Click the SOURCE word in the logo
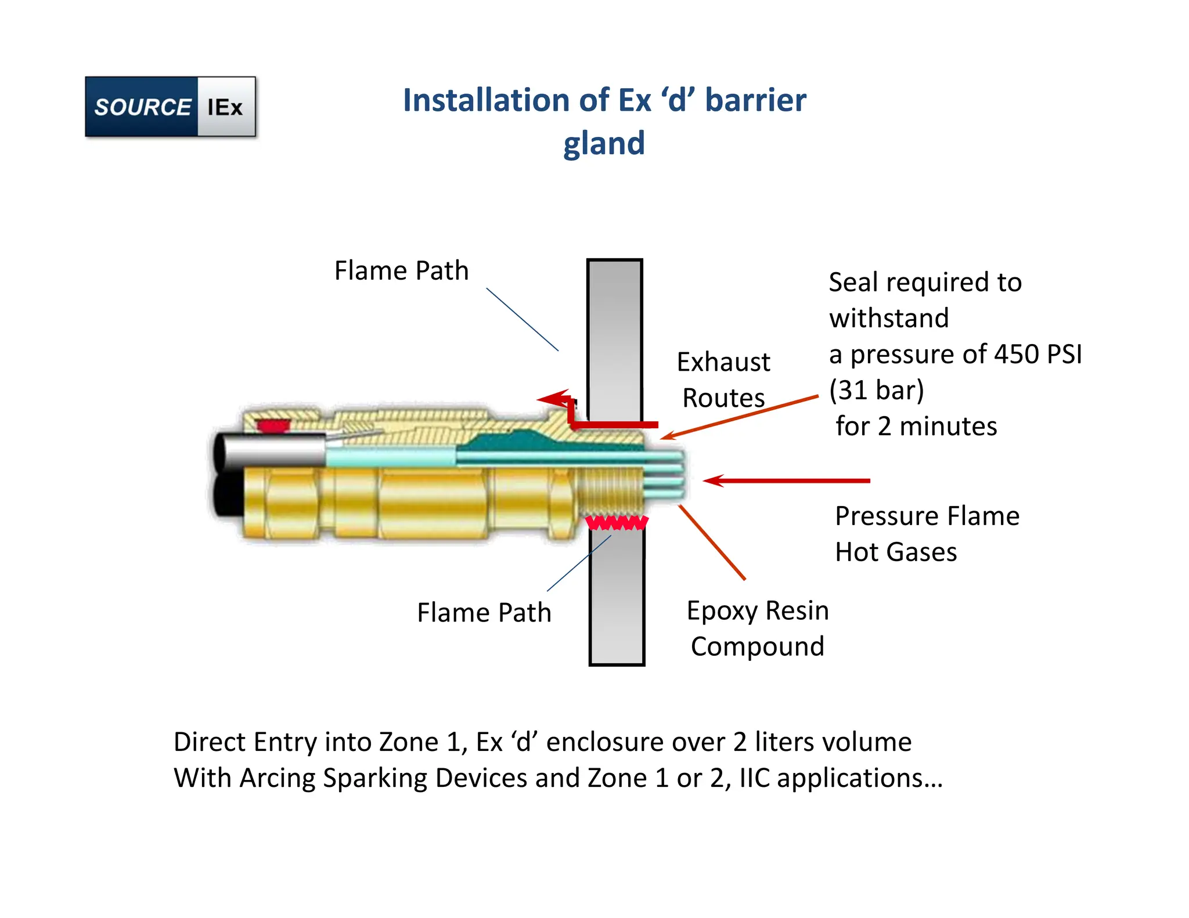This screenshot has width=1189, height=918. click(x=142, y=107)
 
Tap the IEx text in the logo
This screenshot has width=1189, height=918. click(x=225, y=107)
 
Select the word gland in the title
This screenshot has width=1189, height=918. click(x=604, y=143)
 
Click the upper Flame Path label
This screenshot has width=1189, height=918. click(x=401, y=271)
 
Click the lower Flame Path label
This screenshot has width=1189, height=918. click(x=484, y=613)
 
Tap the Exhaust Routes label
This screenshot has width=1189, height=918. click(x=723, y=380)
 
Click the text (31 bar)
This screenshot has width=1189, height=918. click(x=876, y=391)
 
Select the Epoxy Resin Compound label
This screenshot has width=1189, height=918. click(x=757, y=628)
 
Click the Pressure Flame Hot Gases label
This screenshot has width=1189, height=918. click(x=927, y=534)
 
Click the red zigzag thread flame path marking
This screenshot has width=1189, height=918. click(x=616, y=523)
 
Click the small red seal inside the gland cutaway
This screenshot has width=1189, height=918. click(x=273, y=426)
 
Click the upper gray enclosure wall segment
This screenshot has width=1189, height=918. click(x=614, y=337)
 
